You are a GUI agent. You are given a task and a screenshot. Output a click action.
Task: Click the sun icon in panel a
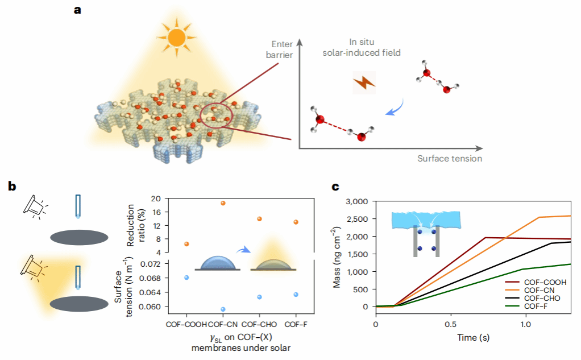pyautogui.click(x=176, y=37)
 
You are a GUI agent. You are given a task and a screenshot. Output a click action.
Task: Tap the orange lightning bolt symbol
pyautogui.click(x=364, y=83)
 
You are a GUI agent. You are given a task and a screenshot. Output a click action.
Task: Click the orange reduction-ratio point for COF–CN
pyautogui.click(x=223, y=203)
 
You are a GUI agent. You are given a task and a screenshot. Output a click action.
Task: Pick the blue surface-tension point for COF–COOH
pyautogui.click(x=186, y=278)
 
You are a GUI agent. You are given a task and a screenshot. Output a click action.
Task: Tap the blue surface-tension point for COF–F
pyautogui.click(x=296, y=295)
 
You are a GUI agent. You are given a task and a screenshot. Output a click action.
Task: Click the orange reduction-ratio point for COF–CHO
pyautogui.click(x=259, y=219)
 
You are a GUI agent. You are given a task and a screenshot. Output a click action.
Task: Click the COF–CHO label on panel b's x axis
pyautogui.click(x=259, y=324)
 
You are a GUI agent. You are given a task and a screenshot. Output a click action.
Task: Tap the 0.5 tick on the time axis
pyautogui.click(x=451, y=324)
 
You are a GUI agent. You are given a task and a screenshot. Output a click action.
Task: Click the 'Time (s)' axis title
pyautogui.click(x=473, y=337)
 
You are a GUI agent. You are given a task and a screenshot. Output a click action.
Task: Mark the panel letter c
pyautogui.click(x=336, y=185)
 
